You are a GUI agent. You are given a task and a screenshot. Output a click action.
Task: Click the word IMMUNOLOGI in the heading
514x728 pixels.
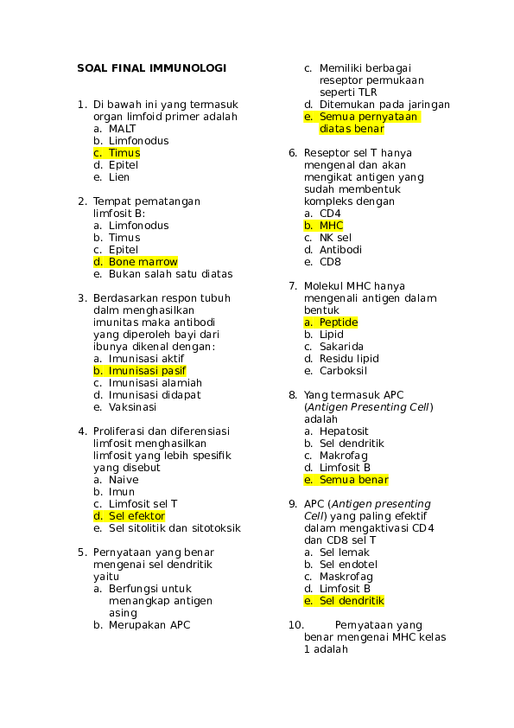point(187,68)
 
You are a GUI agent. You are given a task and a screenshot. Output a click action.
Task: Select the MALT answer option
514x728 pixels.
point(122,129)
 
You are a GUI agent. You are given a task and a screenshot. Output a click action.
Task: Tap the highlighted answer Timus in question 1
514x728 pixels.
point(124,153)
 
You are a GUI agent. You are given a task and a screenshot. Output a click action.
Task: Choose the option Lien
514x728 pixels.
point(118,177)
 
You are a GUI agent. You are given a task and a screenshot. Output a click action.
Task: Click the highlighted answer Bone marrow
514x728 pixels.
point(143,262)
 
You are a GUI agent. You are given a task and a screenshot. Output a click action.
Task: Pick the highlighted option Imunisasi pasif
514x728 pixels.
point(147,371)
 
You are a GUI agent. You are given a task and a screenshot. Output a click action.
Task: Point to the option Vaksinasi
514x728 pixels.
point(132,407)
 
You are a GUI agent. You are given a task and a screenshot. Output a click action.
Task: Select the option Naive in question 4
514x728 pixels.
point(124,480)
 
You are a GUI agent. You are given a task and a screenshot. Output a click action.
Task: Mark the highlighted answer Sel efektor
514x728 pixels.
point(136,516)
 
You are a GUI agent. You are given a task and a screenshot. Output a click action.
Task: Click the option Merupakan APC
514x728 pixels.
point(149,625)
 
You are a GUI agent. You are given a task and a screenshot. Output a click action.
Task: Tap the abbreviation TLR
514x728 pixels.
point(367,93)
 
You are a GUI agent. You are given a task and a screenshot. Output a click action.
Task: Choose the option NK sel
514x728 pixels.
point(335,238)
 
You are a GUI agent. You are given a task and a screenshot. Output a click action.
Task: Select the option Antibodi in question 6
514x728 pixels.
point(340,250)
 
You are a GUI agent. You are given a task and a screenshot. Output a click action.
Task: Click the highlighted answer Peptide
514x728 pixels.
point(339,322)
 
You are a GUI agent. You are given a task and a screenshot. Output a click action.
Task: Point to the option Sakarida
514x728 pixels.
point(341,347)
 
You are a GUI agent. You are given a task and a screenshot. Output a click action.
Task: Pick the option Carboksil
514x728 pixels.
point(343,371)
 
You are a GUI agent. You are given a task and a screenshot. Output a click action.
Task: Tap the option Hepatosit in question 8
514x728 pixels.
point(344,431)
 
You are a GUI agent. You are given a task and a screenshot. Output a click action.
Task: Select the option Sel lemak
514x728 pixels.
point(344,552)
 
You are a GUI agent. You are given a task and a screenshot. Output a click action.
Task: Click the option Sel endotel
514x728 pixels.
point(348,565)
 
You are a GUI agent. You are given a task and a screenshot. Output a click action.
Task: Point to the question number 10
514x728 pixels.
point(296,625)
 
